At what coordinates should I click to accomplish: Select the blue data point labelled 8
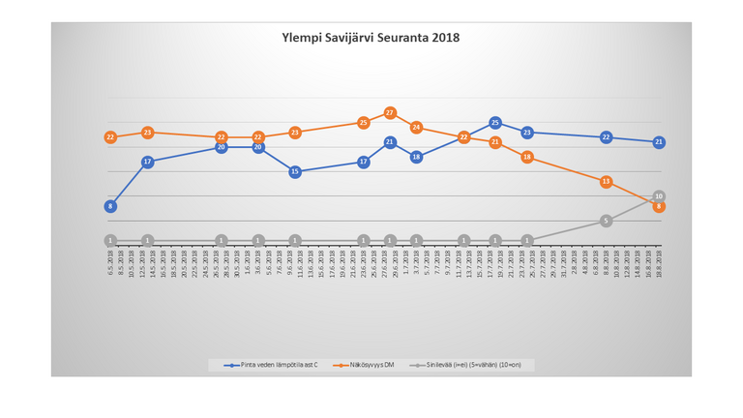(110, 206)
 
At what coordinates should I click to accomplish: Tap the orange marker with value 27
(390, 113)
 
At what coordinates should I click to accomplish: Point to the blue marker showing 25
(495, 123)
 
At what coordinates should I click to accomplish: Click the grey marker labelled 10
(659, 196)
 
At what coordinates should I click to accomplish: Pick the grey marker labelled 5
(606, 221)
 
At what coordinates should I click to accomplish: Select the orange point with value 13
(606, 182)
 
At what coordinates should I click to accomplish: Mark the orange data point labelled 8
(659, 207)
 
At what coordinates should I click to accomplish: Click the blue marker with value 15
(295, 171)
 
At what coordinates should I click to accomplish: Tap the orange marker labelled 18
(527, 157)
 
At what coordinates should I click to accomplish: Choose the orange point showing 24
(416, 128)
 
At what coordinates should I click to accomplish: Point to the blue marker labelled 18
(416, 157)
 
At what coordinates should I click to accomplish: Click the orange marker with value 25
(364, 123)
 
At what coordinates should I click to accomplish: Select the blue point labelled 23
(527, 133)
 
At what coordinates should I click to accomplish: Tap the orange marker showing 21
(495, 142)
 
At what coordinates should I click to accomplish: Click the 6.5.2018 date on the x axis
(110, 264)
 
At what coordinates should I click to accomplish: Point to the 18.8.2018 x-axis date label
(659, 264)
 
